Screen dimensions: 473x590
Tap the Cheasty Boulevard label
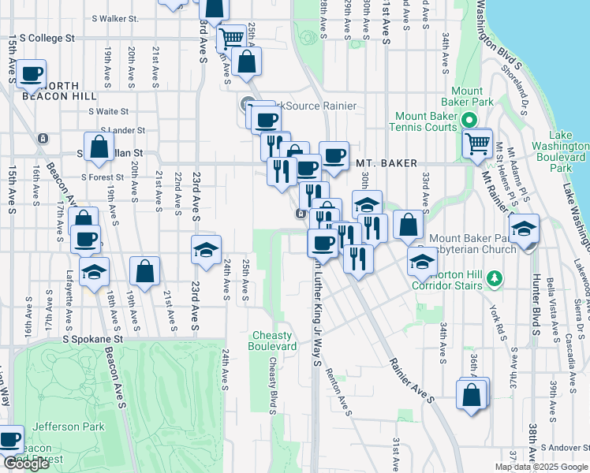tap(273, 341)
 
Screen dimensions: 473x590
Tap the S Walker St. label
tap(114, 17)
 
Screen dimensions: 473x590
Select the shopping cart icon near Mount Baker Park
tap(477, 143)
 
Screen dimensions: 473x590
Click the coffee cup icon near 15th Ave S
tap(32, 74)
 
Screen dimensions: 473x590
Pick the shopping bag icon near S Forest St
tap(99, 146)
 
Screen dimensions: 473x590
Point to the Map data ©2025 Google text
tap(540, 467)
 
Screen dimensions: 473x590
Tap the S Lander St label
tap(123, 130)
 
